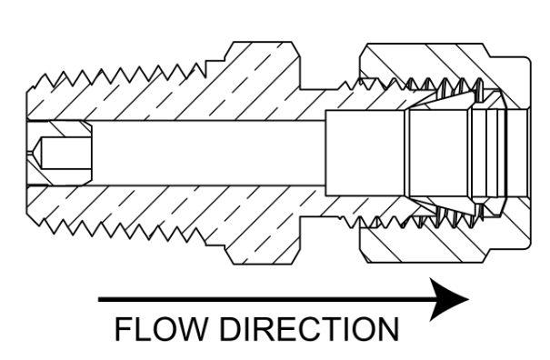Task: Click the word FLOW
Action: [x=160, y=329]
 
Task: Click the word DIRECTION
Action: [x=310, y=329]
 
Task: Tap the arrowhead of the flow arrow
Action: [x=449, y=299]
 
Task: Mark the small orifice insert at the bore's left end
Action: [x=60, y=153]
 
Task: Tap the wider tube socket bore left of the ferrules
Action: [x=365, y=153]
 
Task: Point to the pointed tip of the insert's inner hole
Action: [x=28, y=153]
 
